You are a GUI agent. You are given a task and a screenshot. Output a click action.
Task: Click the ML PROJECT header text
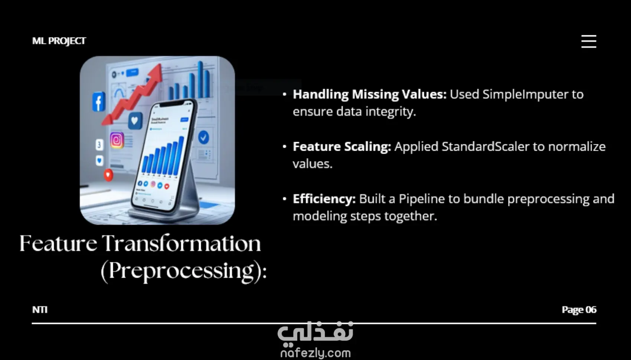[59, 41]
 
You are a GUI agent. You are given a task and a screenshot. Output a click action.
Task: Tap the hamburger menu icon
[589, 42]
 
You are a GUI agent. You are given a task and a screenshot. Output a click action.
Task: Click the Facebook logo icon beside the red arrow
[99, 101]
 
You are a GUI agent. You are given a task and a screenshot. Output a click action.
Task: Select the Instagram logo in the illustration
[117, 140]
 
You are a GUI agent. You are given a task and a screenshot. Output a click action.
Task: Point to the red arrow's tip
[161, 65]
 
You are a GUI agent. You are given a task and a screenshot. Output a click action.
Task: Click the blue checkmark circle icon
[203, 137]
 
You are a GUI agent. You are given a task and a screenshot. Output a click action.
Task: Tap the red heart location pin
[108, 175]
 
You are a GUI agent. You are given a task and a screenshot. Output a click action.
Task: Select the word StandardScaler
[485, 147]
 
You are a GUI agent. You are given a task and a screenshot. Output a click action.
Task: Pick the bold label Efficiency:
[324, 199]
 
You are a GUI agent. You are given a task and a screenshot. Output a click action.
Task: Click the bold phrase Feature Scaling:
[342, 147]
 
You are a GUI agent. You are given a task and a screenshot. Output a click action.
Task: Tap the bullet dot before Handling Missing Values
[285, 94]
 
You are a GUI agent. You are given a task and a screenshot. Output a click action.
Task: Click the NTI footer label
[40, 310]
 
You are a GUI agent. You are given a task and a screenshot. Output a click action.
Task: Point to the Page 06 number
[579, 310]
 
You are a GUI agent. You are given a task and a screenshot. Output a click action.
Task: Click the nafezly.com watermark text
[315, 353]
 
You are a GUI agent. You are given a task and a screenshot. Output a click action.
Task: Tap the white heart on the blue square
[135, 121]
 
